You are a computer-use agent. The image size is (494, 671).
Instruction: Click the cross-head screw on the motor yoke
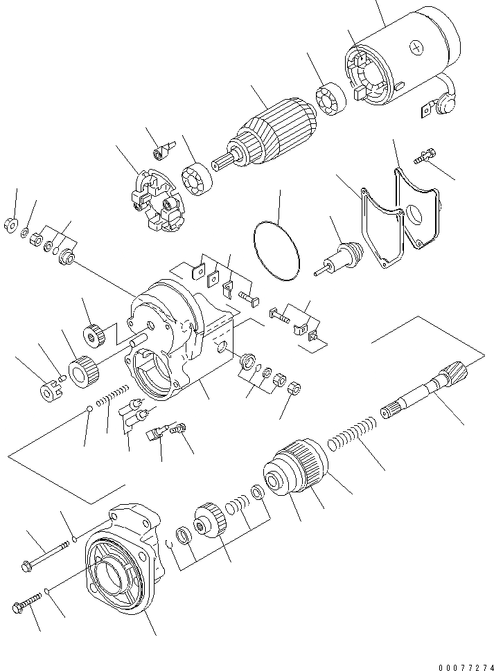click(416, 47)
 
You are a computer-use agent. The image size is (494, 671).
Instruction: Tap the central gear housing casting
click(173, 339)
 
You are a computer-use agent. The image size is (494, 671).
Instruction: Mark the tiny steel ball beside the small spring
click(90, 411)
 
